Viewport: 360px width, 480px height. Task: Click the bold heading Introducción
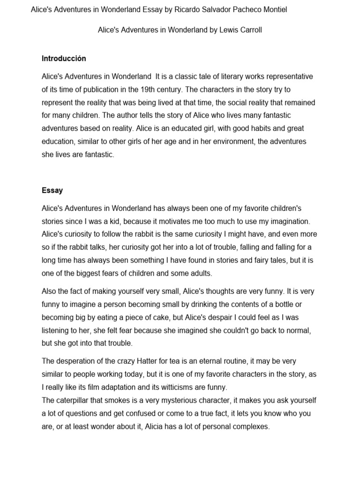(x=64, y=59)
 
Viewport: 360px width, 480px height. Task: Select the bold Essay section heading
(x=52, y=190)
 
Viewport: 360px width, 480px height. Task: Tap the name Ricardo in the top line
(x=188, y=9)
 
